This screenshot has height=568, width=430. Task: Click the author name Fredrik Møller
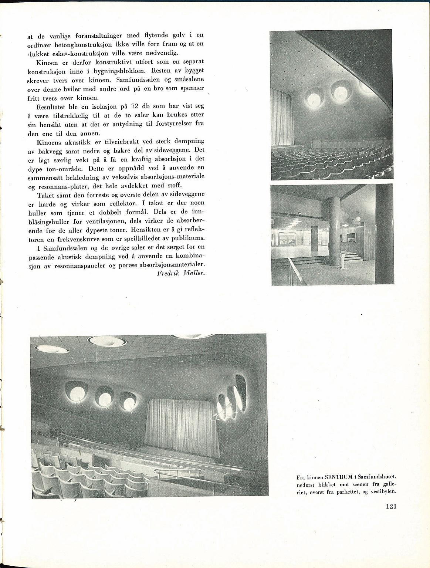pyautogui.click(x=181, y=273)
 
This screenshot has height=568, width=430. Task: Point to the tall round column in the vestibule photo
pyautogui.click(x=334, y=231)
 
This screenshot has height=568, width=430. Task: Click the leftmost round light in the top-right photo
pyautogui.click(x=314, y=98)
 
